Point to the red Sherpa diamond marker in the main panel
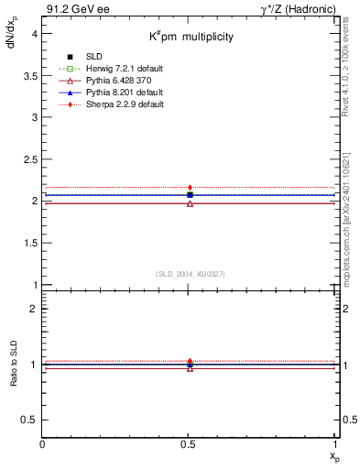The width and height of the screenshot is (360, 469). click(190, 188)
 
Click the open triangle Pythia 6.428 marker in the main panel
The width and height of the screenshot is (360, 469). click(190, 202)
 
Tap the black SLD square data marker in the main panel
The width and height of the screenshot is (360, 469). click(190, 194)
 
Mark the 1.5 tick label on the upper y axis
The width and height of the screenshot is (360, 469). click(31, 243)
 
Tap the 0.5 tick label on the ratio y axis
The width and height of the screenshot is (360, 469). click(31, 420)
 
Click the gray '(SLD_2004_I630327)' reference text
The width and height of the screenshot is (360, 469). click(190, 274)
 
